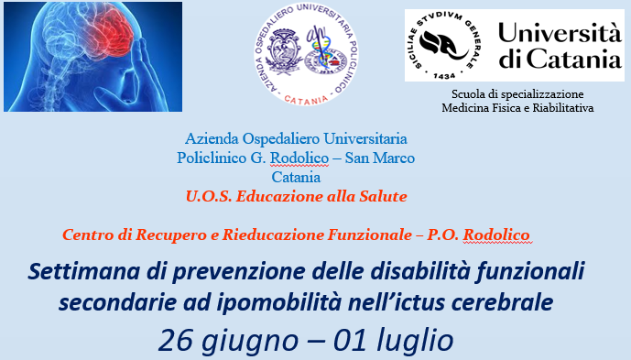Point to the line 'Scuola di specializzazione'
517,93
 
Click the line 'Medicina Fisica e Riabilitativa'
517,107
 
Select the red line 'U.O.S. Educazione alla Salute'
295,195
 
